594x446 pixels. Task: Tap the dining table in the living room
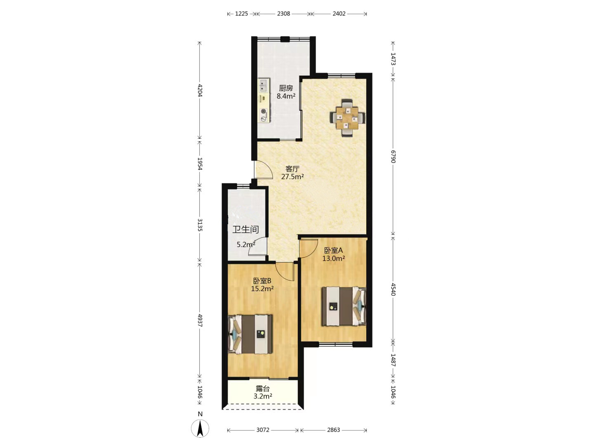pos(347,118)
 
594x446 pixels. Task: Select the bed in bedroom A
pos(344,306)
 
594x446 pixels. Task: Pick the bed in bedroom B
pos(250,334)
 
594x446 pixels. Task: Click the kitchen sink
pos(74,85)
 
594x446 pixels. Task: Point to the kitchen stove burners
pos(74,115)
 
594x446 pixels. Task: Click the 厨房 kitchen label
pos(286,88)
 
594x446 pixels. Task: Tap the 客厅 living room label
pos(292,169)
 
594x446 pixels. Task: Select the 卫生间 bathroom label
pos(246,229)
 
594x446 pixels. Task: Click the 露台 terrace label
pos(262,389)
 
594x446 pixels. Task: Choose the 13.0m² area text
pos(333,259)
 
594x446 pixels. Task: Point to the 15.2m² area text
pos(262,289)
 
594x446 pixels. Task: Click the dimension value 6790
pos(393,157)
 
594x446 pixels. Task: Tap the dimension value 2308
pos(283,14)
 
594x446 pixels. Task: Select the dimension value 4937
pos(200,320)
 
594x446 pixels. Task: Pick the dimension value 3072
pos(263,430)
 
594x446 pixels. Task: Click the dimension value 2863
pos(333,430)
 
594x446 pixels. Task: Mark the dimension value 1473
pos(393,59)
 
